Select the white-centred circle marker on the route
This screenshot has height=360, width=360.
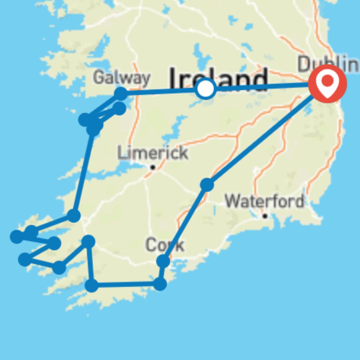(x=206, y=89)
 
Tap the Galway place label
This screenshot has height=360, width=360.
(x=122, y=78)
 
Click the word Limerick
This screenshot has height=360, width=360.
(x=153, y=153)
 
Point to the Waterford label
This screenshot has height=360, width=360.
(x=264, y=201)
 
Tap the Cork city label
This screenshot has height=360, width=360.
(x=164, y=246)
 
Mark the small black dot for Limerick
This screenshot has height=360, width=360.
(x=153, y=167)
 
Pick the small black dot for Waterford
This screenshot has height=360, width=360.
(x=265, y=216)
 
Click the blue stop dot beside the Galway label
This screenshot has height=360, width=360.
(x=121, y=94)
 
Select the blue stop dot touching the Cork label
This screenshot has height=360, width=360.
(x=163, y=261)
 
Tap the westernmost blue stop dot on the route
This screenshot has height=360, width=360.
(x=17, y=237)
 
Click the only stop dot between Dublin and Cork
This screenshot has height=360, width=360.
(x=207, y=184)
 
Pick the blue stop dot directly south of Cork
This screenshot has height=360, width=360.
(x=160, y=284)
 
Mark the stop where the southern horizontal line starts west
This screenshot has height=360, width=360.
(x=92, y=285)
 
